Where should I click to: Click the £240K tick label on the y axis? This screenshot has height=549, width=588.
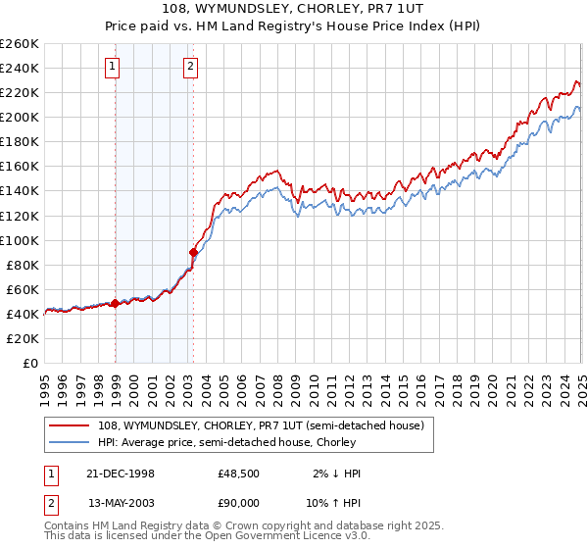pos(20,68)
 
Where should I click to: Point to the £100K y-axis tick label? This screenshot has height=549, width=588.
pos(20,240)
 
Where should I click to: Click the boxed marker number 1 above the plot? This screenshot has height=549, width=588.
pos(115,67)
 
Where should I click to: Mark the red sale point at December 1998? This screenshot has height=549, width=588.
pos(116,303)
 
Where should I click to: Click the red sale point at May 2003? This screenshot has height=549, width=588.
pos(193,252)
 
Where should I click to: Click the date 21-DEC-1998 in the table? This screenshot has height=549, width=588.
pos(122,474)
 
